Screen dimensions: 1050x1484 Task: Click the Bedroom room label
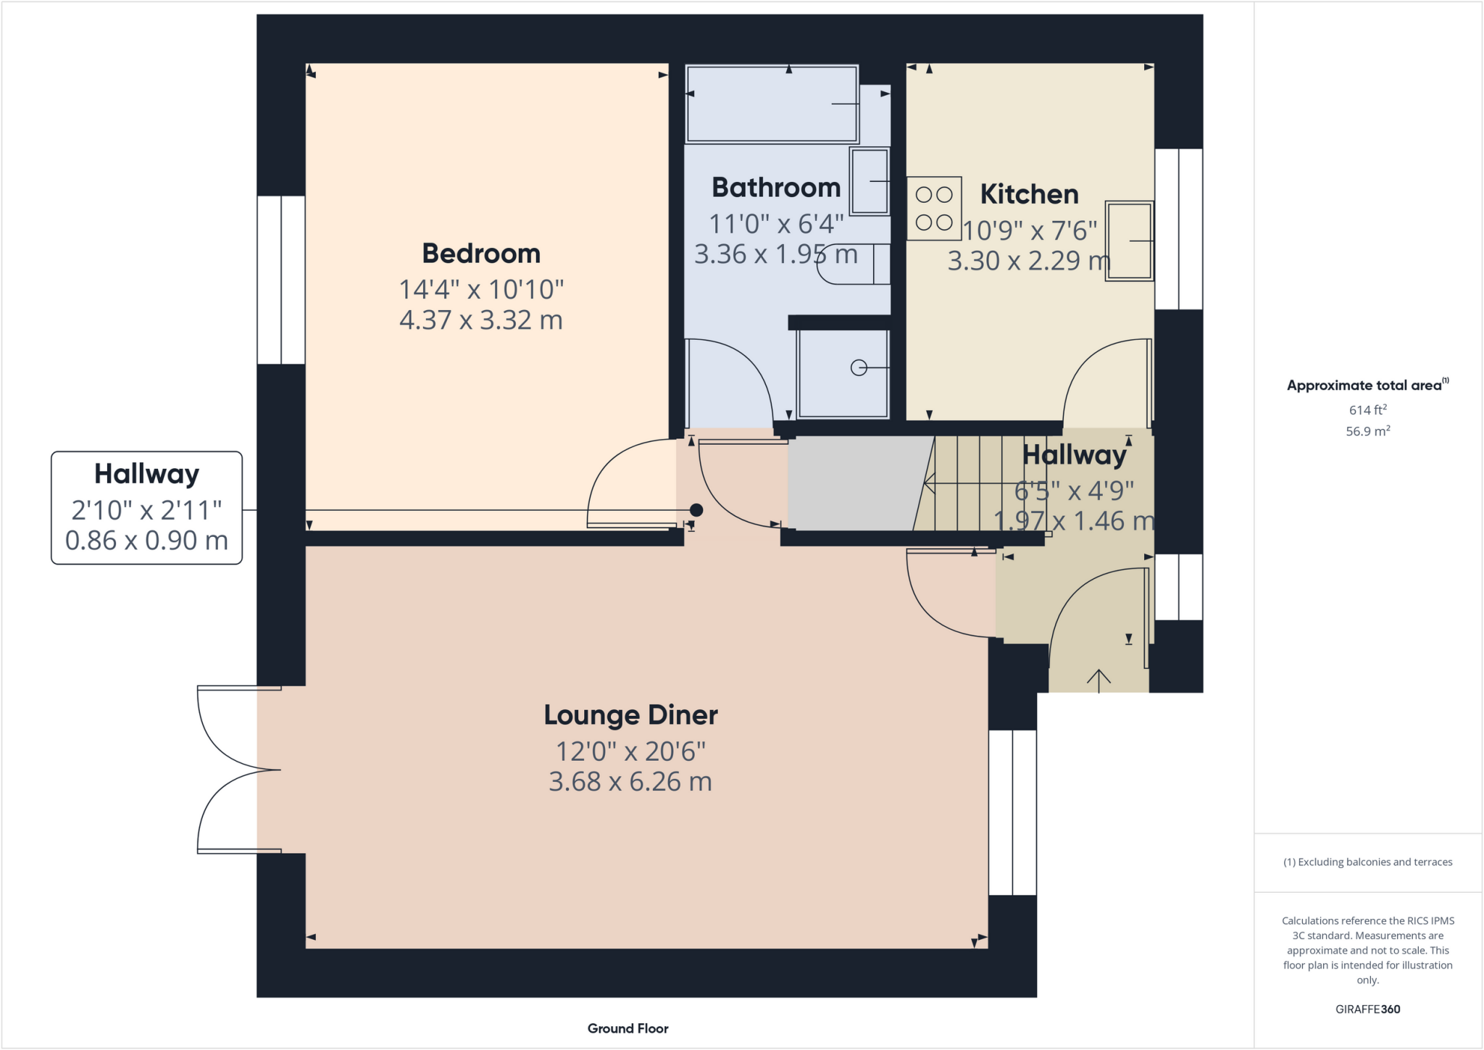click(x=481, y=254)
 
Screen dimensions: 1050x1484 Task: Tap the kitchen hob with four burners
click(x=934, y=208)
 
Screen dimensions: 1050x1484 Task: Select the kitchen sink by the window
click(x=1129, y=241)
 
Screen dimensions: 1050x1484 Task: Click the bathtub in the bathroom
click(x=772, y=104)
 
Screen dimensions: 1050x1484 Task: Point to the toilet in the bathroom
click(x=851, y=264)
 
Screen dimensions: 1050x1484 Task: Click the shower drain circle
click(x=859, y=368)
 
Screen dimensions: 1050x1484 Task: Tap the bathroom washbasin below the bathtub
click(x=870, y=181)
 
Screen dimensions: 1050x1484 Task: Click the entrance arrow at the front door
click(x=1099, y=680)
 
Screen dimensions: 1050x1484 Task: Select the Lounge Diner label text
click(x=630, y=715)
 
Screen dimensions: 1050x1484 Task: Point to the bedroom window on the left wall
click(x=281, y=280)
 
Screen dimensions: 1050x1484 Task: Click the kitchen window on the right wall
click(x=1178, y=229)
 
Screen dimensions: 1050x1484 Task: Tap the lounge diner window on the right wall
click(x=1012, y=812)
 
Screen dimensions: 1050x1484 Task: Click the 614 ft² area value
click(x=1367, y=410)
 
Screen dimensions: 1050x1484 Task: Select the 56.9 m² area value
click(x=1367, y=431)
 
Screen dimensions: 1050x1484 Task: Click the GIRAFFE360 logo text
click(x=1367, y=1009)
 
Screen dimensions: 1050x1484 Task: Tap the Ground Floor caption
click(x=628, y=1028)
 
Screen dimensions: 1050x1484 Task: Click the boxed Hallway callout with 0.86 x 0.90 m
click(x=146, y=507)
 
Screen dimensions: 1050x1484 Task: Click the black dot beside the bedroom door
click(x=696, y=509)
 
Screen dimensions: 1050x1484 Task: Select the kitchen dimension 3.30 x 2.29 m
click(x=1029, y=261)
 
